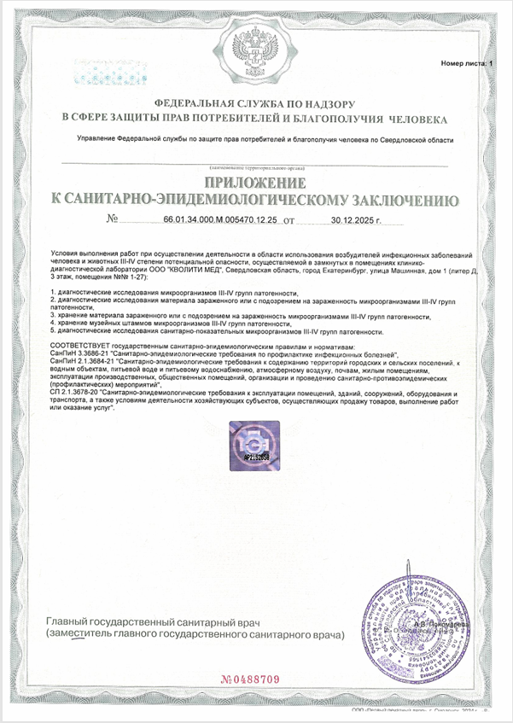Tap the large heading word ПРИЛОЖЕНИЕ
pos(255,184)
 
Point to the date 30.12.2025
pos(350,220)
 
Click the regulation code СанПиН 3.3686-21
pos(82,353)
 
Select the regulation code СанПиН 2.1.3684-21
pos(85,363)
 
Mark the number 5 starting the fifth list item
pos(54,330)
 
